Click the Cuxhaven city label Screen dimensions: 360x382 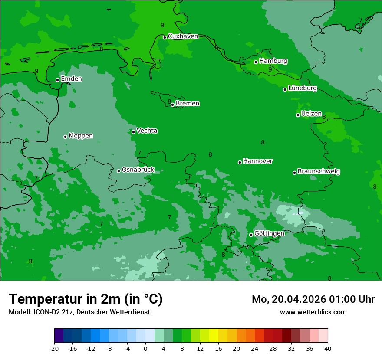click(183, 36)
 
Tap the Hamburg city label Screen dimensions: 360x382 click(273, 61)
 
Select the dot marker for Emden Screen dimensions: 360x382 click(57, 80)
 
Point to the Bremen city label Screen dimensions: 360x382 click(187, 104)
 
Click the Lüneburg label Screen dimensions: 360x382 click(302, 88)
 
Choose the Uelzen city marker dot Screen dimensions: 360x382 click(298, 115)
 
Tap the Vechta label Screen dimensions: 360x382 click(147, 131)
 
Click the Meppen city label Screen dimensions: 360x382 click(81, 136)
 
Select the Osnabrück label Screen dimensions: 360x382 click(138, 170)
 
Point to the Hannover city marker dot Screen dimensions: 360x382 click(240, 162)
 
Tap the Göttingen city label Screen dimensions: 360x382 click(269, 234)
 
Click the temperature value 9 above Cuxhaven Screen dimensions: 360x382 click(162, 26)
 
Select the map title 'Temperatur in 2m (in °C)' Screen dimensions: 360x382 click(86, 299)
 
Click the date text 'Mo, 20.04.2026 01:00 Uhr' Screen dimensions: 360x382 click(313, 299)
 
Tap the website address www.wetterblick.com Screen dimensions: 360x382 click(313, 312)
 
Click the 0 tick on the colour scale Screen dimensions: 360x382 click(145, 349)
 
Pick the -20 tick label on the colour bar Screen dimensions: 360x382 click(54, 349)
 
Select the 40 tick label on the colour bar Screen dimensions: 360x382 click(328, 349)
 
